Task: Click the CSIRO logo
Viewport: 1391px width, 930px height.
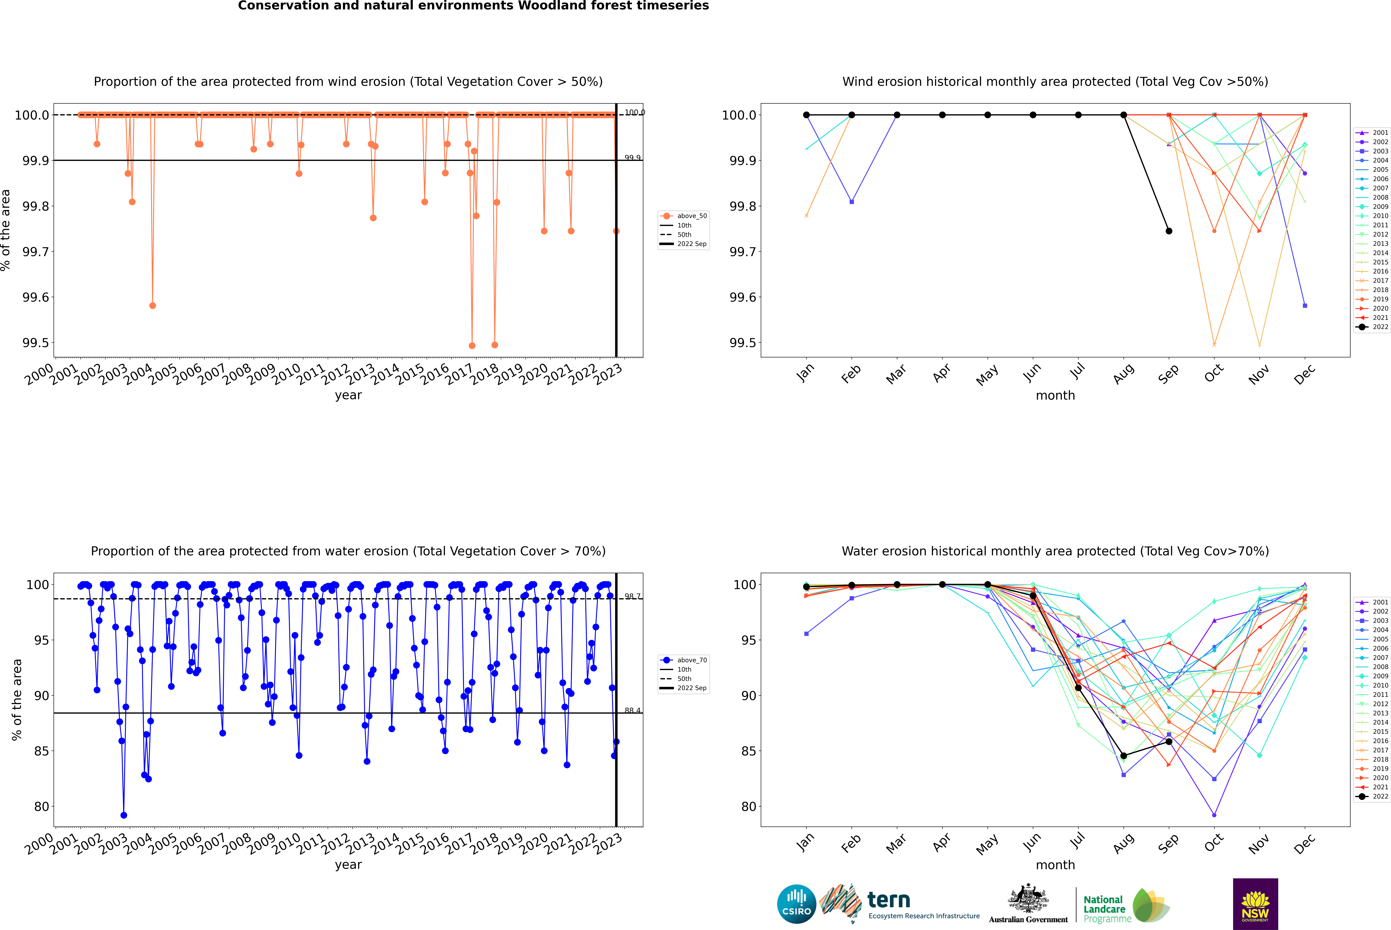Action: coord(796,904)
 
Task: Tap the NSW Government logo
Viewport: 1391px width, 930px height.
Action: coord(1255,904)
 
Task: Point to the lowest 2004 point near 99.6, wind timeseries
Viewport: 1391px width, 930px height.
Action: coord(152,305)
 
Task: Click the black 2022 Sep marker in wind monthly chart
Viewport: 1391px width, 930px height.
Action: coord(1169,231)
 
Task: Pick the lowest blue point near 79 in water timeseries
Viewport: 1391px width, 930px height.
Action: coord(123,815)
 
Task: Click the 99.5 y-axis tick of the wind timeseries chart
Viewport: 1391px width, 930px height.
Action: coord(36,343)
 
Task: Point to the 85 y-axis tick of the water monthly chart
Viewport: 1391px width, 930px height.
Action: coord(748,751)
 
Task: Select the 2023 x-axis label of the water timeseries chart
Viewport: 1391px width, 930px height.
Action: coord(608,843)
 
